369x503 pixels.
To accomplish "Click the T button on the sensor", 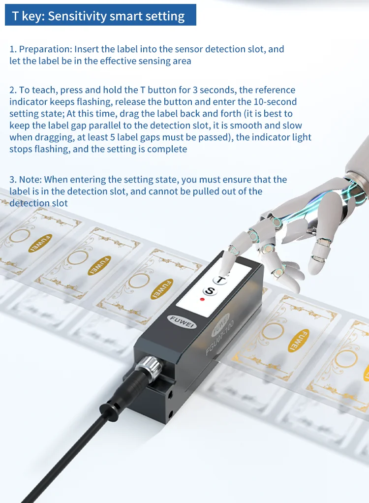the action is point(220,280).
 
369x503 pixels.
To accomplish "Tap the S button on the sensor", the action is point(210,291).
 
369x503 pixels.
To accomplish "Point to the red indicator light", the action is point(202,300).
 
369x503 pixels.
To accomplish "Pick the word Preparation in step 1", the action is point(44,49).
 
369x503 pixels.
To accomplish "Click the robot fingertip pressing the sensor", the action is point(229,265).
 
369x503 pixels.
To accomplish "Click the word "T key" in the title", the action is point(27,16).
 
